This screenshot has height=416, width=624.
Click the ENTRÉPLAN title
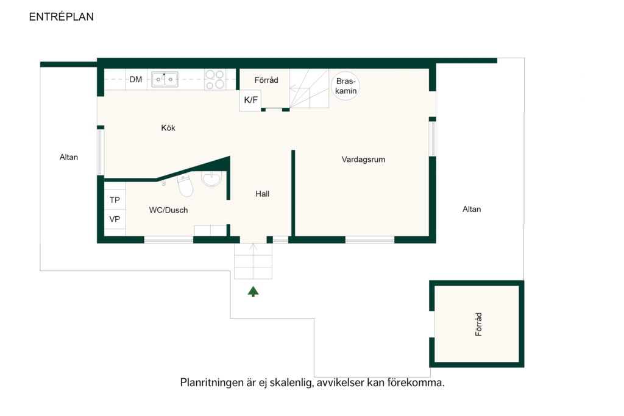[62, 16]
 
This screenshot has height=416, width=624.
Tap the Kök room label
[168, 128]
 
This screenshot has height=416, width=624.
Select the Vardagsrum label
[363, 160]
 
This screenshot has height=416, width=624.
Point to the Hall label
[262, 194]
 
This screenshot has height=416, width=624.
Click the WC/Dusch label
[168, 210]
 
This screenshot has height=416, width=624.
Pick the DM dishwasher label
[136, 80]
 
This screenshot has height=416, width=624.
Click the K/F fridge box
[250, 100]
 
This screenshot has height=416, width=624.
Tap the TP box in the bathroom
[115, 200]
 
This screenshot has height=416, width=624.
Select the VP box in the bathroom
[115, 219]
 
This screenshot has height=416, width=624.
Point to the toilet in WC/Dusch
[185, 185]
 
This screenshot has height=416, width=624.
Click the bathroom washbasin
[211, 179]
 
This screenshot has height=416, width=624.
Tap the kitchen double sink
[165, 80]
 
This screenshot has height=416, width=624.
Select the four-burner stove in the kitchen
[215, 80]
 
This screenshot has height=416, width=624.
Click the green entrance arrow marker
[253, 292]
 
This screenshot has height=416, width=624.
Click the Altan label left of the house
[69, 157]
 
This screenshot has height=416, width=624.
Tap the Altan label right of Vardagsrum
[472, 209]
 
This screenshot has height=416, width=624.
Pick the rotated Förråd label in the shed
[478, 324]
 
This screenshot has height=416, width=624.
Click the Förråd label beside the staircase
[266, 80]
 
